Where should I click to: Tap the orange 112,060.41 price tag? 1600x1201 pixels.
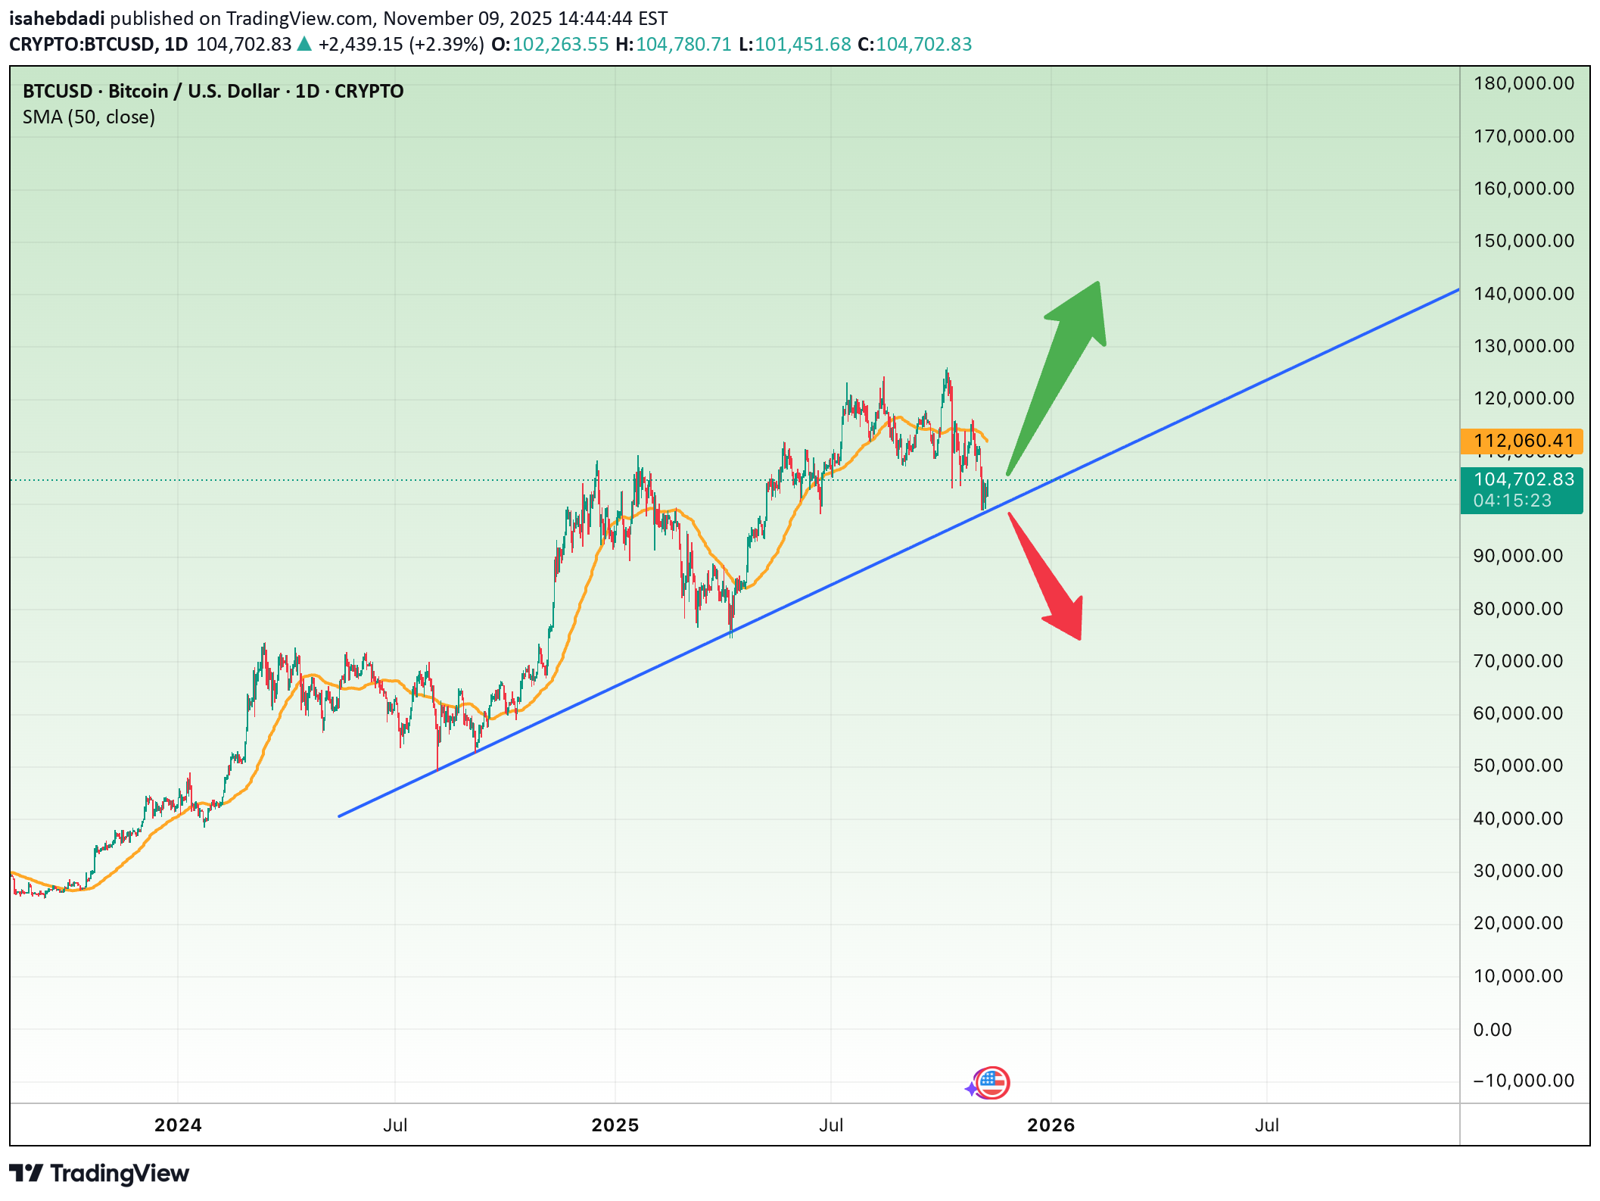(x=1522, y=441)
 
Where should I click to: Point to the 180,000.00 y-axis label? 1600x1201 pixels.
(x=1524, y=83)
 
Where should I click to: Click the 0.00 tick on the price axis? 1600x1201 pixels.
(x=1492, y=1029)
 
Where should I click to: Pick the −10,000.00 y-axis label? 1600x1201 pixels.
(x=1524, y=1081)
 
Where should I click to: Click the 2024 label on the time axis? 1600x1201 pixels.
(x=178, y=1125)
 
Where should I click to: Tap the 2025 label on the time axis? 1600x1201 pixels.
(x=615, y=1125)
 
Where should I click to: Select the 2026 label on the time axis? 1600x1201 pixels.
(x=1051, y=1125)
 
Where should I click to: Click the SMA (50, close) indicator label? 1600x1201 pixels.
(x=89, y=117)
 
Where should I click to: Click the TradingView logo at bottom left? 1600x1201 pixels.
(x=99, y=1173)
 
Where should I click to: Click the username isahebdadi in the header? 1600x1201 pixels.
(x=57, y=18)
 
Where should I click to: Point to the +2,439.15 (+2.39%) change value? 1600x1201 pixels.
(x=400, y=45)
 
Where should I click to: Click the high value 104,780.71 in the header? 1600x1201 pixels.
(x=683, y=45)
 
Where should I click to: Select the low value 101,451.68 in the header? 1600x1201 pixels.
(x=802, y=45)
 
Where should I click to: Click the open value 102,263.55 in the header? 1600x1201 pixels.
(x=560, y=45)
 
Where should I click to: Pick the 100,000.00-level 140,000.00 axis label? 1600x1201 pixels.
(x=1524, y=294)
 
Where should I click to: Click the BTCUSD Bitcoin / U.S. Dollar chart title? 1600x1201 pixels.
(x=213, y=92)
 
